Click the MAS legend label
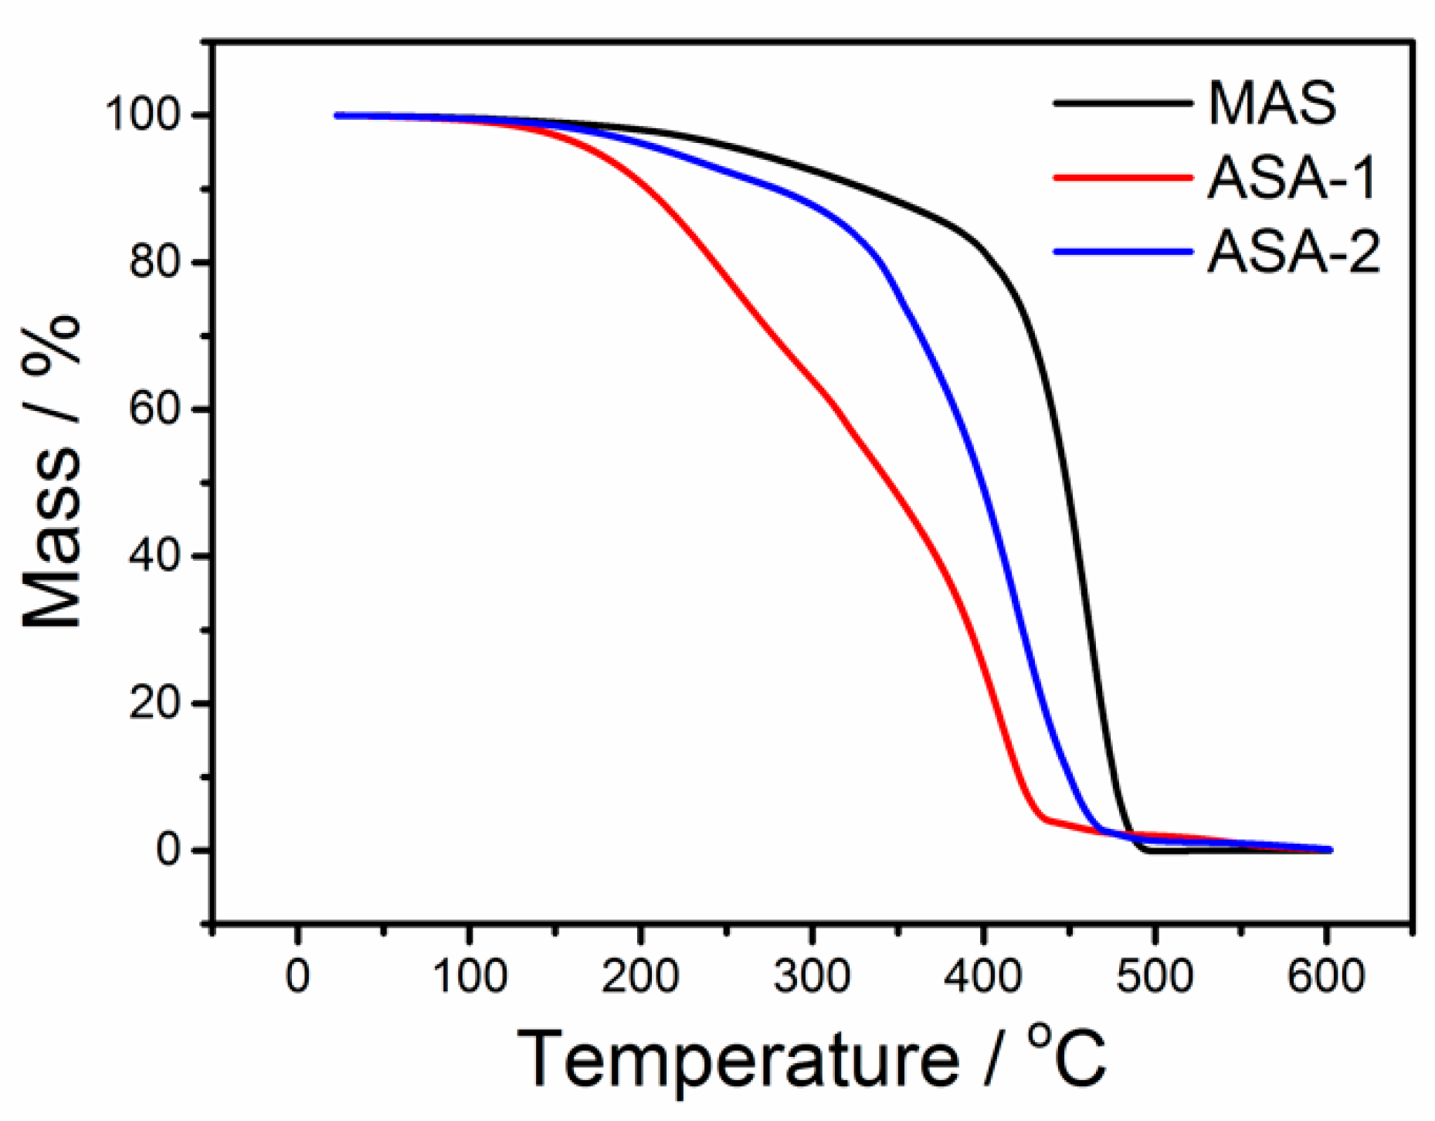(1272, 104)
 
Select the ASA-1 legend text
(1291, 178)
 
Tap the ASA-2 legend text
(1294, 252)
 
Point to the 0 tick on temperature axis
(297, 977)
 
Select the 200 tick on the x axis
(640, 977)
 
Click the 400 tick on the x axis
(982, 977)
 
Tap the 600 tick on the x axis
(1325, 977)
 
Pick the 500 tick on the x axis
(1154, 977)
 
